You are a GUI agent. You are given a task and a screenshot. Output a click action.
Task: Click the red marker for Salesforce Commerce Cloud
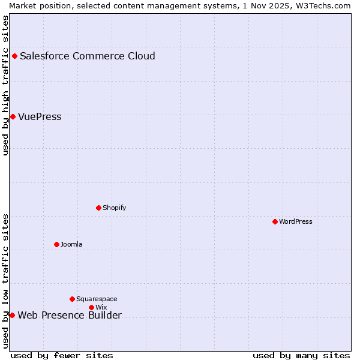click(x=14, y=56)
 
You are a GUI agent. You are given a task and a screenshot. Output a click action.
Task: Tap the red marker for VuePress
click(x=13, y=116)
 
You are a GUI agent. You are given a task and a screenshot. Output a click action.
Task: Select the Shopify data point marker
click(x=98, y=208)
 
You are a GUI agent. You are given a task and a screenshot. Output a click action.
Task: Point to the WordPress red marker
click(x=275, y=221)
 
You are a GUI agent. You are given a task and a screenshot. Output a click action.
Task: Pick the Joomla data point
click(x=56, y=244)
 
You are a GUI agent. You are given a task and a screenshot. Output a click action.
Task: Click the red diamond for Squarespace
click(x=72, y=299)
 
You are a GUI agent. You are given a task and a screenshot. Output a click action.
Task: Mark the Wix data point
click(x=91, y=307)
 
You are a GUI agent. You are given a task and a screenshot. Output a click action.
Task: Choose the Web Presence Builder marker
click(x=12, y=315)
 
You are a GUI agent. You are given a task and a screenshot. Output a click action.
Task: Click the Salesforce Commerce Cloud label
click(x=88, y=56)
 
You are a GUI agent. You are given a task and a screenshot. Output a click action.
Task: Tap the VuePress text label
click(x=40, y=116)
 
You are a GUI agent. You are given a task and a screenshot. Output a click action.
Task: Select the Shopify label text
click(x=114, y=208)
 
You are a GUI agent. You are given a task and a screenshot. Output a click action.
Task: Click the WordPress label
click(x=296, y=221)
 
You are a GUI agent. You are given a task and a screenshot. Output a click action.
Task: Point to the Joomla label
click(x=71, y=244)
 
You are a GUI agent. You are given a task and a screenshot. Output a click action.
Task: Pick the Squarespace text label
click(x=97, y=299)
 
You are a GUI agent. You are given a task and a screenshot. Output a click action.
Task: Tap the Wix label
click(x=101, y=307)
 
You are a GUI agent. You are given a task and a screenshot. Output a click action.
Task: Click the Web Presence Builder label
click(x=70, y=316)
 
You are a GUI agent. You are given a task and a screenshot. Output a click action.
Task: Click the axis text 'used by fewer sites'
click(x=62, y=355)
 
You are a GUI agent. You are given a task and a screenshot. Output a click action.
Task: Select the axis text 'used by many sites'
click(x=301, y=355)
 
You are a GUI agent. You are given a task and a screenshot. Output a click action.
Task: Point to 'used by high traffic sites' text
click(x=6, y=85)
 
